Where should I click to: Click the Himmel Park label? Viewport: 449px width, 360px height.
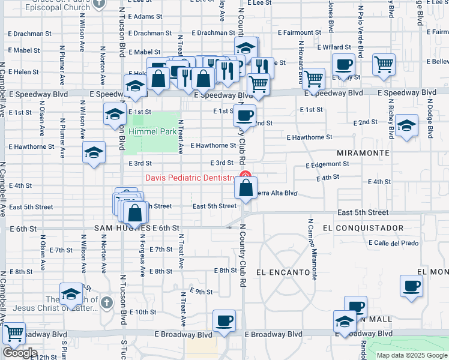149,131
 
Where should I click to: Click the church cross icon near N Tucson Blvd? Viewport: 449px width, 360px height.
107,301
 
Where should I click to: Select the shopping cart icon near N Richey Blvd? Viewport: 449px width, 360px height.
384,64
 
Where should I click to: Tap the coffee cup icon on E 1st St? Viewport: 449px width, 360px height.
244,115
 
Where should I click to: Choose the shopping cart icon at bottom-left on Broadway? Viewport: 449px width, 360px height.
13,333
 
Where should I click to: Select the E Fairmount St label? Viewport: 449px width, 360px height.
301,32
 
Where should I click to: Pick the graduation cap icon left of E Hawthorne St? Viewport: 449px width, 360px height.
94,153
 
